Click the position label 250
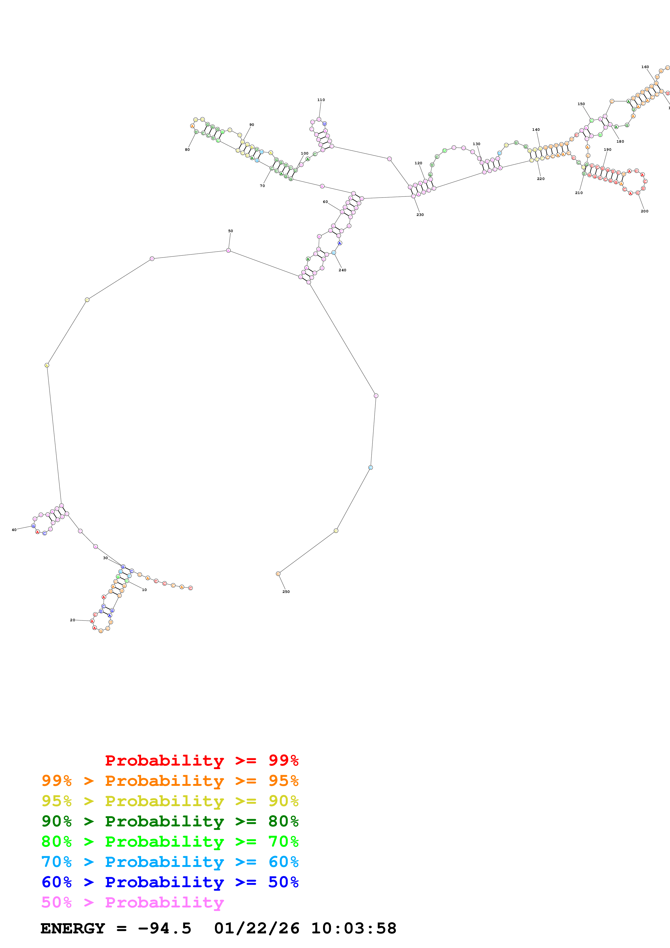click(x=286, y=592)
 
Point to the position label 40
click(x=14, y=530)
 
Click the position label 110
click(x=321, y=100)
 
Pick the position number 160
click(x=645, y=67)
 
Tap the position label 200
click(x=644, y=211)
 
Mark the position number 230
click(x=420, y=215)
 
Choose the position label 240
click(x=342, y=270)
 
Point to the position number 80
click(x=187, y=149)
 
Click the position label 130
click(x=476, y=144)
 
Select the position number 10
click(x=144, y=590)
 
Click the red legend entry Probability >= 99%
click(x=201, y=760)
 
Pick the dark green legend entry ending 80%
click(x=170, y=821)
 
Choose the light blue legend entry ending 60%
click(x=170, y=862)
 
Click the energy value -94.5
click(x=164, y=929)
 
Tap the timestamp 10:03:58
click(x=353, y=929)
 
